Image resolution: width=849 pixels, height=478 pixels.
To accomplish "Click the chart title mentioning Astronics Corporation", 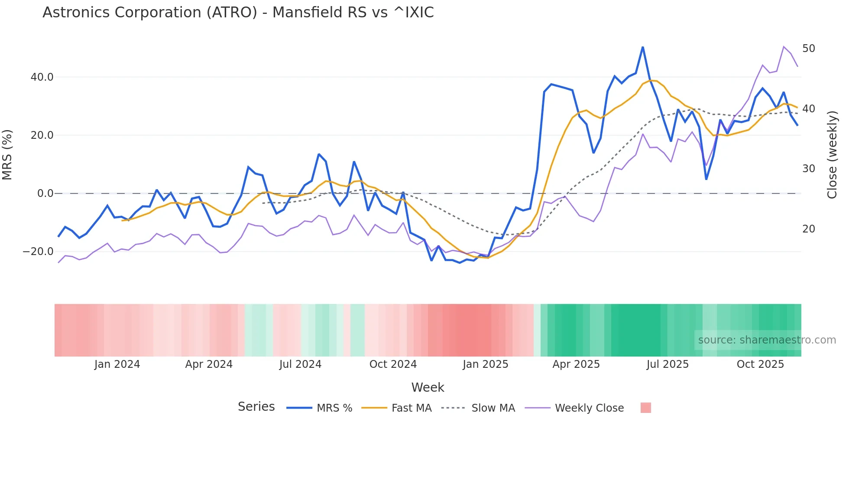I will (238, 13).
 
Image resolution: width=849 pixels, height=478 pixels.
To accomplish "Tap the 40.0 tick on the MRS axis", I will (42, 77).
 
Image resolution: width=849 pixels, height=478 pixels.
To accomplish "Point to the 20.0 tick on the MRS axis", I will (42, 135).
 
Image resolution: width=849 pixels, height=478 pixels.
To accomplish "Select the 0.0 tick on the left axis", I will (45, 193).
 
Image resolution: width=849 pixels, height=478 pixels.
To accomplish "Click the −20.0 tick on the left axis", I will (38, 252).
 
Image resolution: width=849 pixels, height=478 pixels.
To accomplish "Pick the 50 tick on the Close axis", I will (808, 49).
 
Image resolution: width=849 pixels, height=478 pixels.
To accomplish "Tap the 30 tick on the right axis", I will (808, 169).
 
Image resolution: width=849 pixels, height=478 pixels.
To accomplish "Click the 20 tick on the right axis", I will (808, 229).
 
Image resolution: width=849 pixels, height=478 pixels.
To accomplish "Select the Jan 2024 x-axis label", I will (117, 364).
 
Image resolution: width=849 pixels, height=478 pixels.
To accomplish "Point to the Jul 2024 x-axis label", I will (300, 364).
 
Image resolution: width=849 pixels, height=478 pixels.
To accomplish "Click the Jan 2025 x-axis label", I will (485, 364).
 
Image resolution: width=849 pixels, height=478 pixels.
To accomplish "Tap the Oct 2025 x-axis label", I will (760, 364).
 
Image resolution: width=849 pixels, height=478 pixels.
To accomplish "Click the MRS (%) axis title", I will (7, 155).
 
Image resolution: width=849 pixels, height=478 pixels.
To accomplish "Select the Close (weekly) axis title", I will (832, 155).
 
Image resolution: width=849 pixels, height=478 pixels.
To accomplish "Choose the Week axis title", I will (428, 387).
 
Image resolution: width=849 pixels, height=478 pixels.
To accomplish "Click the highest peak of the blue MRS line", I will (643, 47).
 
